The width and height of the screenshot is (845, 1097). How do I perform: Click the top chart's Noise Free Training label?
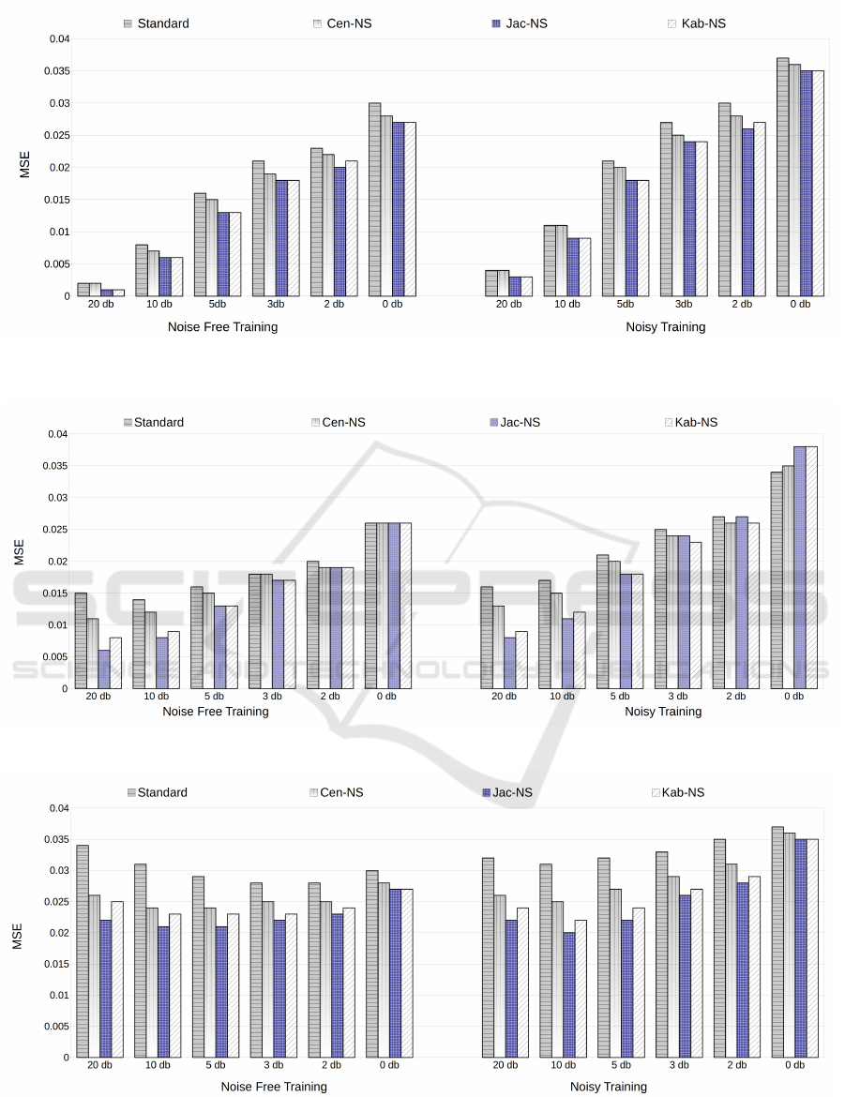(x=222, y=327)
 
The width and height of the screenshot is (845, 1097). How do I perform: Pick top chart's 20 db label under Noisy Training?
(x=508, y=306)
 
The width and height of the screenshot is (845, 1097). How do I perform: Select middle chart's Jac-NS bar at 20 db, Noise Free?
(x=104, y=669)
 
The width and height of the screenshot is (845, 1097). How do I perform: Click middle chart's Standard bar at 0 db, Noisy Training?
(x=777, y=580)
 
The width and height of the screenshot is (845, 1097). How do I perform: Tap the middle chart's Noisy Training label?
(x=663, y=712)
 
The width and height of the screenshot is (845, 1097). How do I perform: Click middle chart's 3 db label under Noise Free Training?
(x=273, y=696)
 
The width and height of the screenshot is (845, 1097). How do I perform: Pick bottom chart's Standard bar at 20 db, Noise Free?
(x=82, y=952)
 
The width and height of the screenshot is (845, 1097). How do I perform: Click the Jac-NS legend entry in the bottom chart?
(x=510, y=792)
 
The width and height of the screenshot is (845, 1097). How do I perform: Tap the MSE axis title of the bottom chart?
(x=18, y=934)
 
